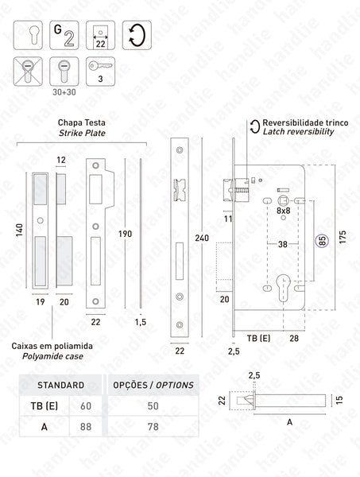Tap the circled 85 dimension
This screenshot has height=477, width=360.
pos(321,242)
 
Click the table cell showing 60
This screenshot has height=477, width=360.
pos(85,407)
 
